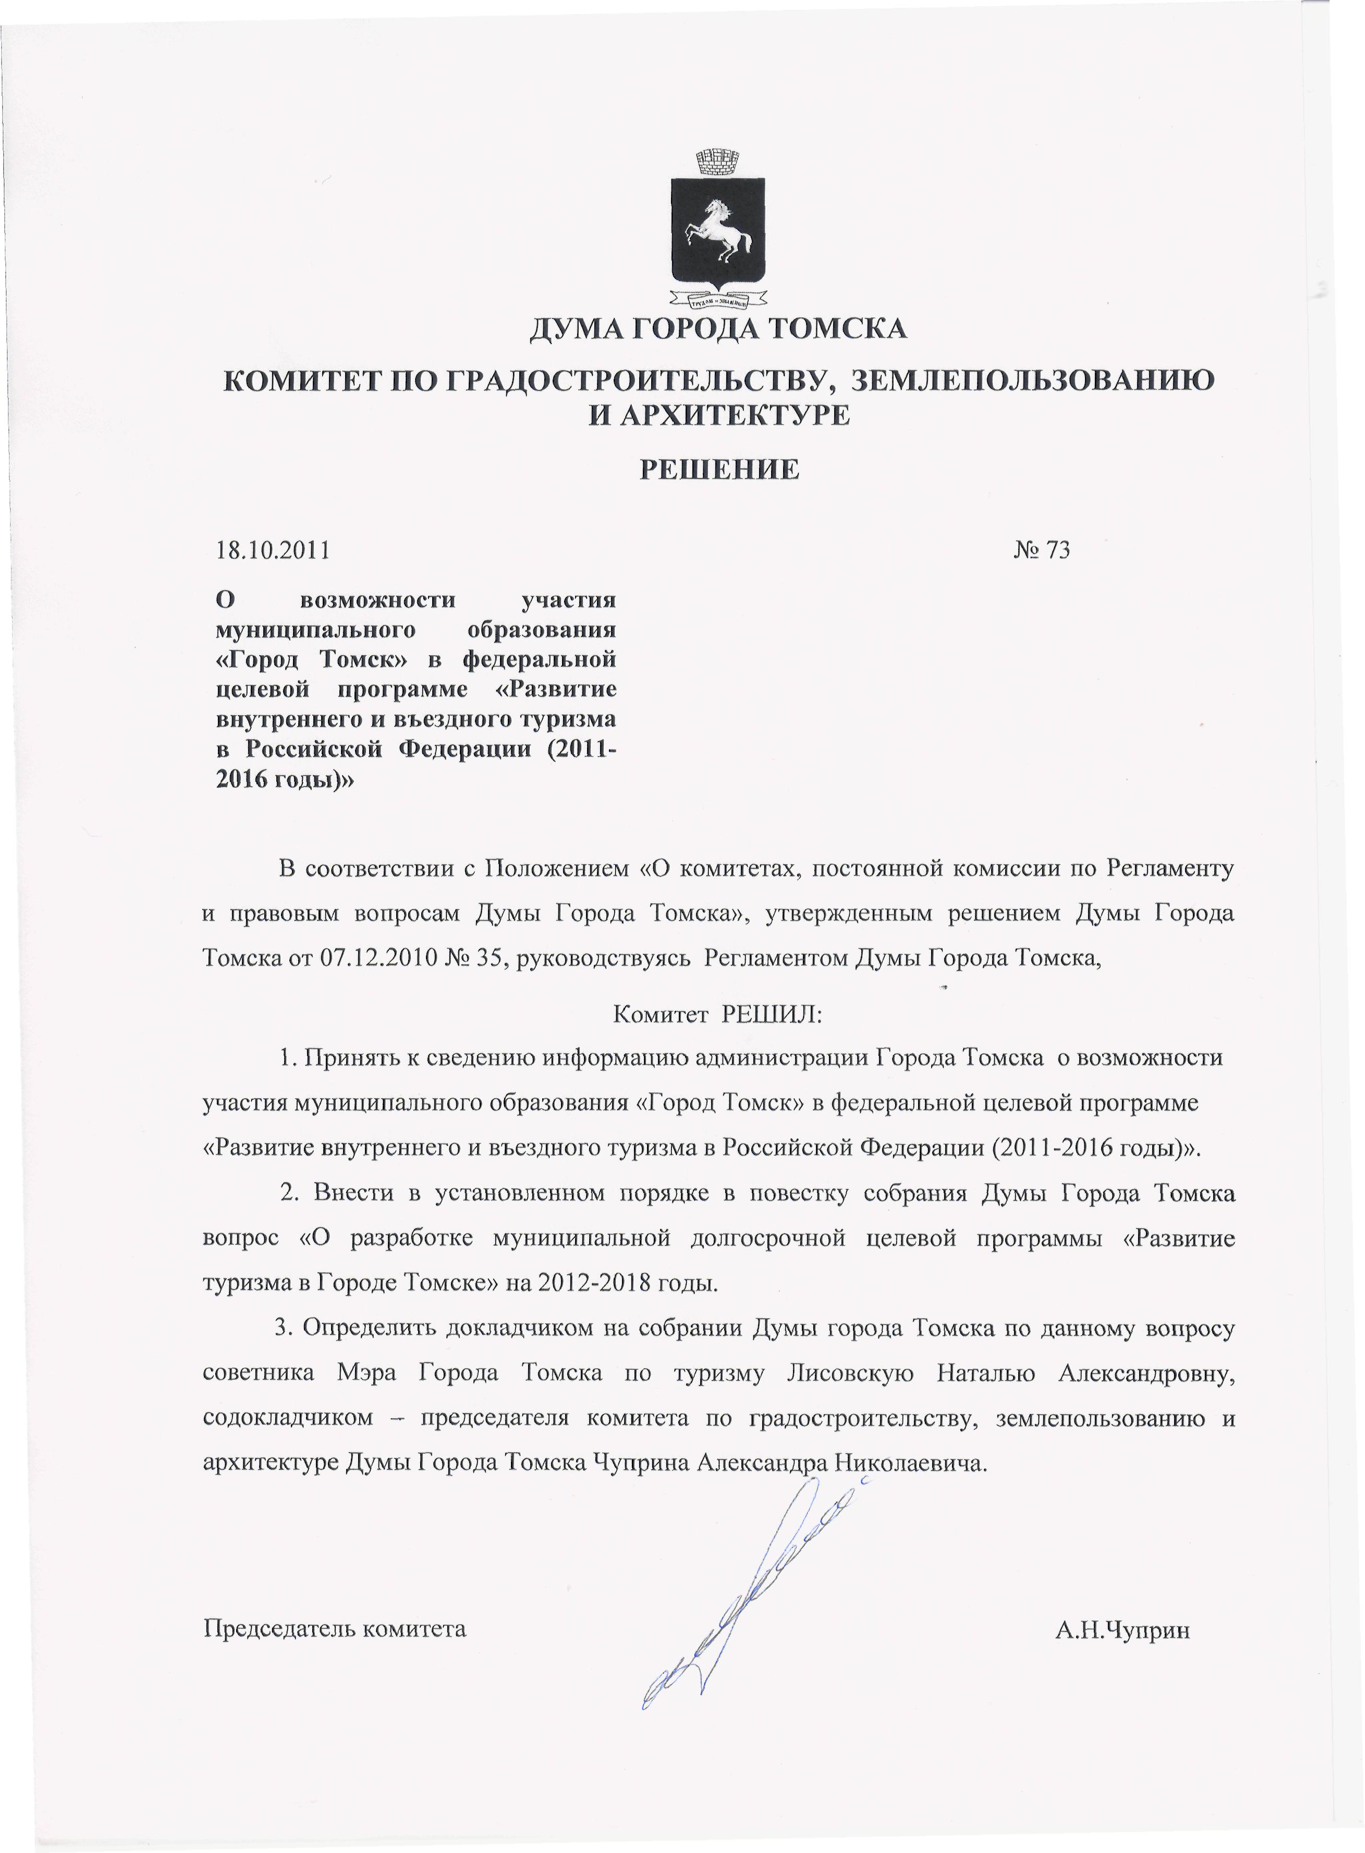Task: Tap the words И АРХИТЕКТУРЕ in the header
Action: [718, 415]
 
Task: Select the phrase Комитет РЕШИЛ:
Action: [718, 1014]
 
